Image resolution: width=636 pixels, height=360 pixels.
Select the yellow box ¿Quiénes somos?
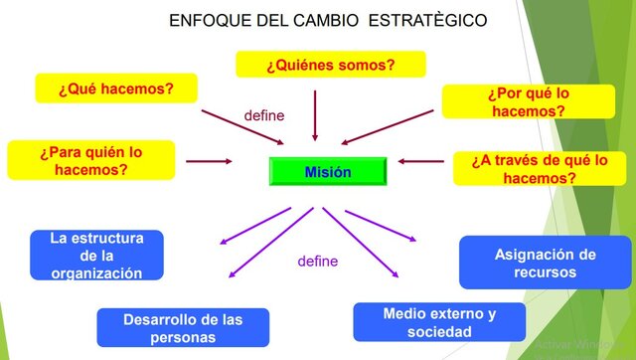tap(330, 65)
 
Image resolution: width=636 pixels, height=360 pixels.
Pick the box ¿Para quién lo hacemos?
tap(90, 160)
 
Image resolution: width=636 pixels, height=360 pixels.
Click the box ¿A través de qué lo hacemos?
tap(540, 168)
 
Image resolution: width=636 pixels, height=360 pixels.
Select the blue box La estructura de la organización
tap(96, 256)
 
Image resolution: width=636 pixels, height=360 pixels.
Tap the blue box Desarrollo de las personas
tap(183, 327)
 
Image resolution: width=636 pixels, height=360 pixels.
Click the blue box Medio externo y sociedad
tap(439, 322)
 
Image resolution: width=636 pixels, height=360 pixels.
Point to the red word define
tap(264, 115)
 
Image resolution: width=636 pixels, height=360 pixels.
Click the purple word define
tap(318, 262)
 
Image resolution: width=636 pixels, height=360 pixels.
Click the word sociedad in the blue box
tap(439, 331)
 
